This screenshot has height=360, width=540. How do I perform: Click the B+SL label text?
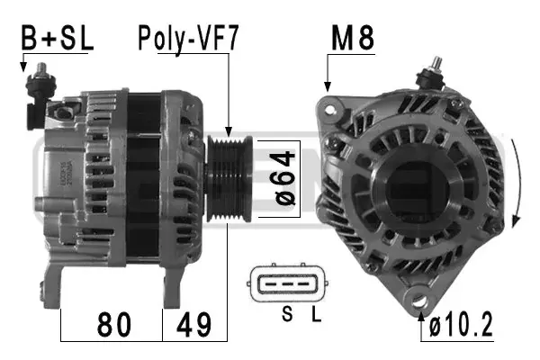58,38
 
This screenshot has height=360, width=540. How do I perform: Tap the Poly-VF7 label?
188,40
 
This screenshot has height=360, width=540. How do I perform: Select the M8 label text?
353,39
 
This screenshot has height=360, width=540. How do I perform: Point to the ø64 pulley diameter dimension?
285,178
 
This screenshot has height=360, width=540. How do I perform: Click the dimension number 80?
114,325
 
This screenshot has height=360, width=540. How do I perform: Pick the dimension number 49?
193,325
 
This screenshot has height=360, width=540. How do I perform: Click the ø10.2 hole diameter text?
461,325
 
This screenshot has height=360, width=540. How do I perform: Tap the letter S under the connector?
287,314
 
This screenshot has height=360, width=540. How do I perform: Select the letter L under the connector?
316,314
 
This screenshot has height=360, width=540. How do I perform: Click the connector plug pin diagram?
287,283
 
